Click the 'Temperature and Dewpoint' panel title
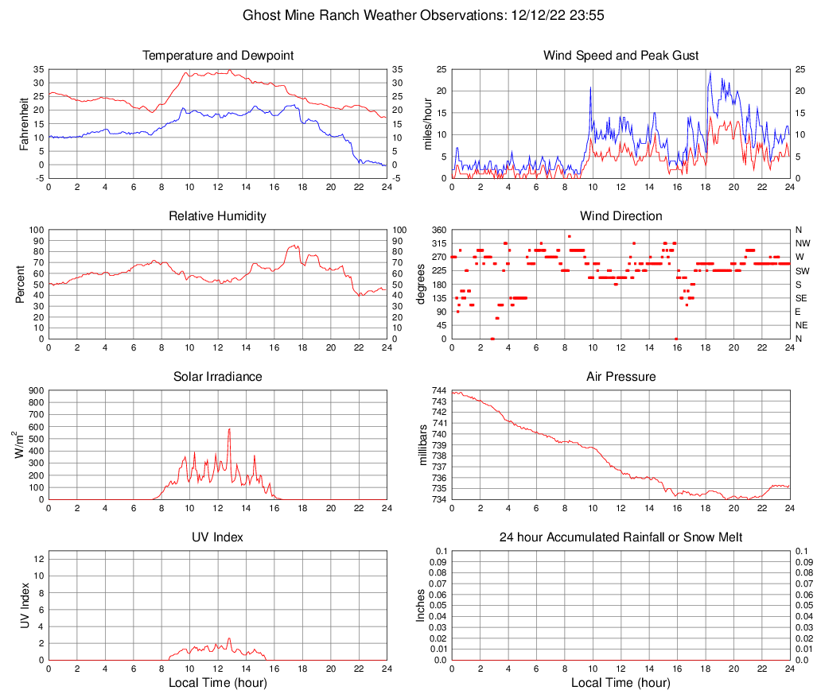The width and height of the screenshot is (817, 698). pyautogui.click(x=217, y=56)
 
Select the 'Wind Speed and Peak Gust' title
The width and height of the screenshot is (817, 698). pyautogui.click(x=621, y=56)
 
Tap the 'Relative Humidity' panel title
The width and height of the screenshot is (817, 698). pyautogui.click(x=217, y=216)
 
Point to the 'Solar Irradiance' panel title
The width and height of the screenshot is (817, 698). pyautogui.click(x=217, y=377)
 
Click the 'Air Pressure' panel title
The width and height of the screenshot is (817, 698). pyautogui.click(x=621, y=377)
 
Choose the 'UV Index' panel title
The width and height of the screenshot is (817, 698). pyautogui.click(x=217, y=537)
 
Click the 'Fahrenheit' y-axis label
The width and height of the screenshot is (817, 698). pyautogui.click(x=25, y=124)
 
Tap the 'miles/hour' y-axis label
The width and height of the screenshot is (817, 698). pyautogui.click(x=428, y=124)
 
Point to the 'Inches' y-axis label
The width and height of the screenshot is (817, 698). pyautogui.click(x=421, y=605)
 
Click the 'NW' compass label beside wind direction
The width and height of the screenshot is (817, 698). pyautogui.click(x=802, y=243)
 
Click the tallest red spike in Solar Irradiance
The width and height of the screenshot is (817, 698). pyautogui.click(x=229, y=430)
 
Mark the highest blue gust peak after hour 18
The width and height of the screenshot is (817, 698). pyautogui.click(x=710, y=74)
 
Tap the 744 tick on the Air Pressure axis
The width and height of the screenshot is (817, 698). pyautogui.click(x=438, y=391)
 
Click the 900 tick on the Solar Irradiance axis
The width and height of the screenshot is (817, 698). pyautogui.click(x=34, y=391)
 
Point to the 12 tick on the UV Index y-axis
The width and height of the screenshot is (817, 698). pyautogui.click(x=38, y=559)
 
